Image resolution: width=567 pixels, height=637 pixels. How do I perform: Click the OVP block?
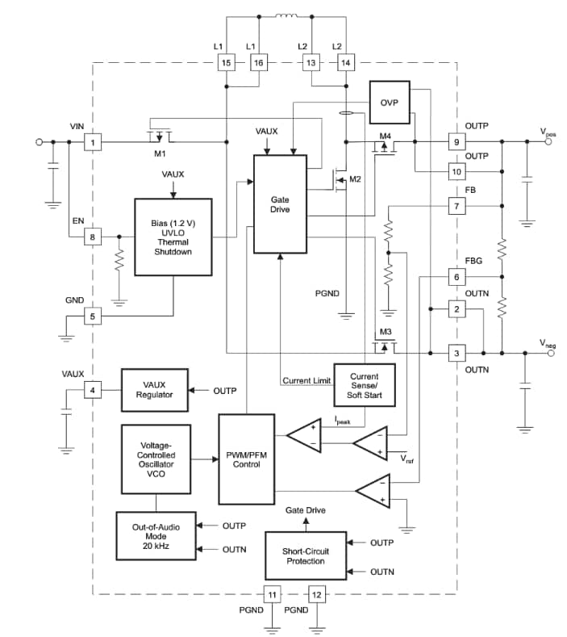pyautogui.click(x=389, y=102)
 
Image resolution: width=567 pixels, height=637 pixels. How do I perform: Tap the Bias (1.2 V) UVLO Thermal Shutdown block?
pyautogui.click(x=173, y=237)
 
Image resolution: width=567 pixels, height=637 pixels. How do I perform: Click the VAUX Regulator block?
pyautogui.click(x=153, y=390)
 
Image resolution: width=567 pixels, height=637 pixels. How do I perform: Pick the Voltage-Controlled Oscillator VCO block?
pyautogui.click(x=155, y=459)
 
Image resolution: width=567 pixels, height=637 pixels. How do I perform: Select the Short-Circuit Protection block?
pyautogui.click(x=306, y=555)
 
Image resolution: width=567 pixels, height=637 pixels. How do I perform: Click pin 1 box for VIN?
pyautogui.click(x=93, y=142)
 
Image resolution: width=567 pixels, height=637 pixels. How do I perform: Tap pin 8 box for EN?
pyautogui.click(x=93, y=237)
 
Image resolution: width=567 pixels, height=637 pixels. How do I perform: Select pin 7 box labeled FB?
pyautogui.click(x=457, y=207)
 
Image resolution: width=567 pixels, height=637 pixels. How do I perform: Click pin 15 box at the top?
pyautogui.click(x=227, y=63)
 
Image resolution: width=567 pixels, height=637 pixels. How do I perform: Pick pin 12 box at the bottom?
pyautogui.click(x=316, y=595)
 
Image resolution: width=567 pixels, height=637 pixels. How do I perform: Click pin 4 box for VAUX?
pyautogui.click(x=93, y=391)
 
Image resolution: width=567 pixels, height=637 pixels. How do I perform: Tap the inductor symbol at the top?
pyautogui.click(x=286, y=15)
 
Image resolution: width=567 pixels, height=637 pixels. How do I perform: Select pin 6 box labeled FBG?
pyautogui.click(x=457, y=277)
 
